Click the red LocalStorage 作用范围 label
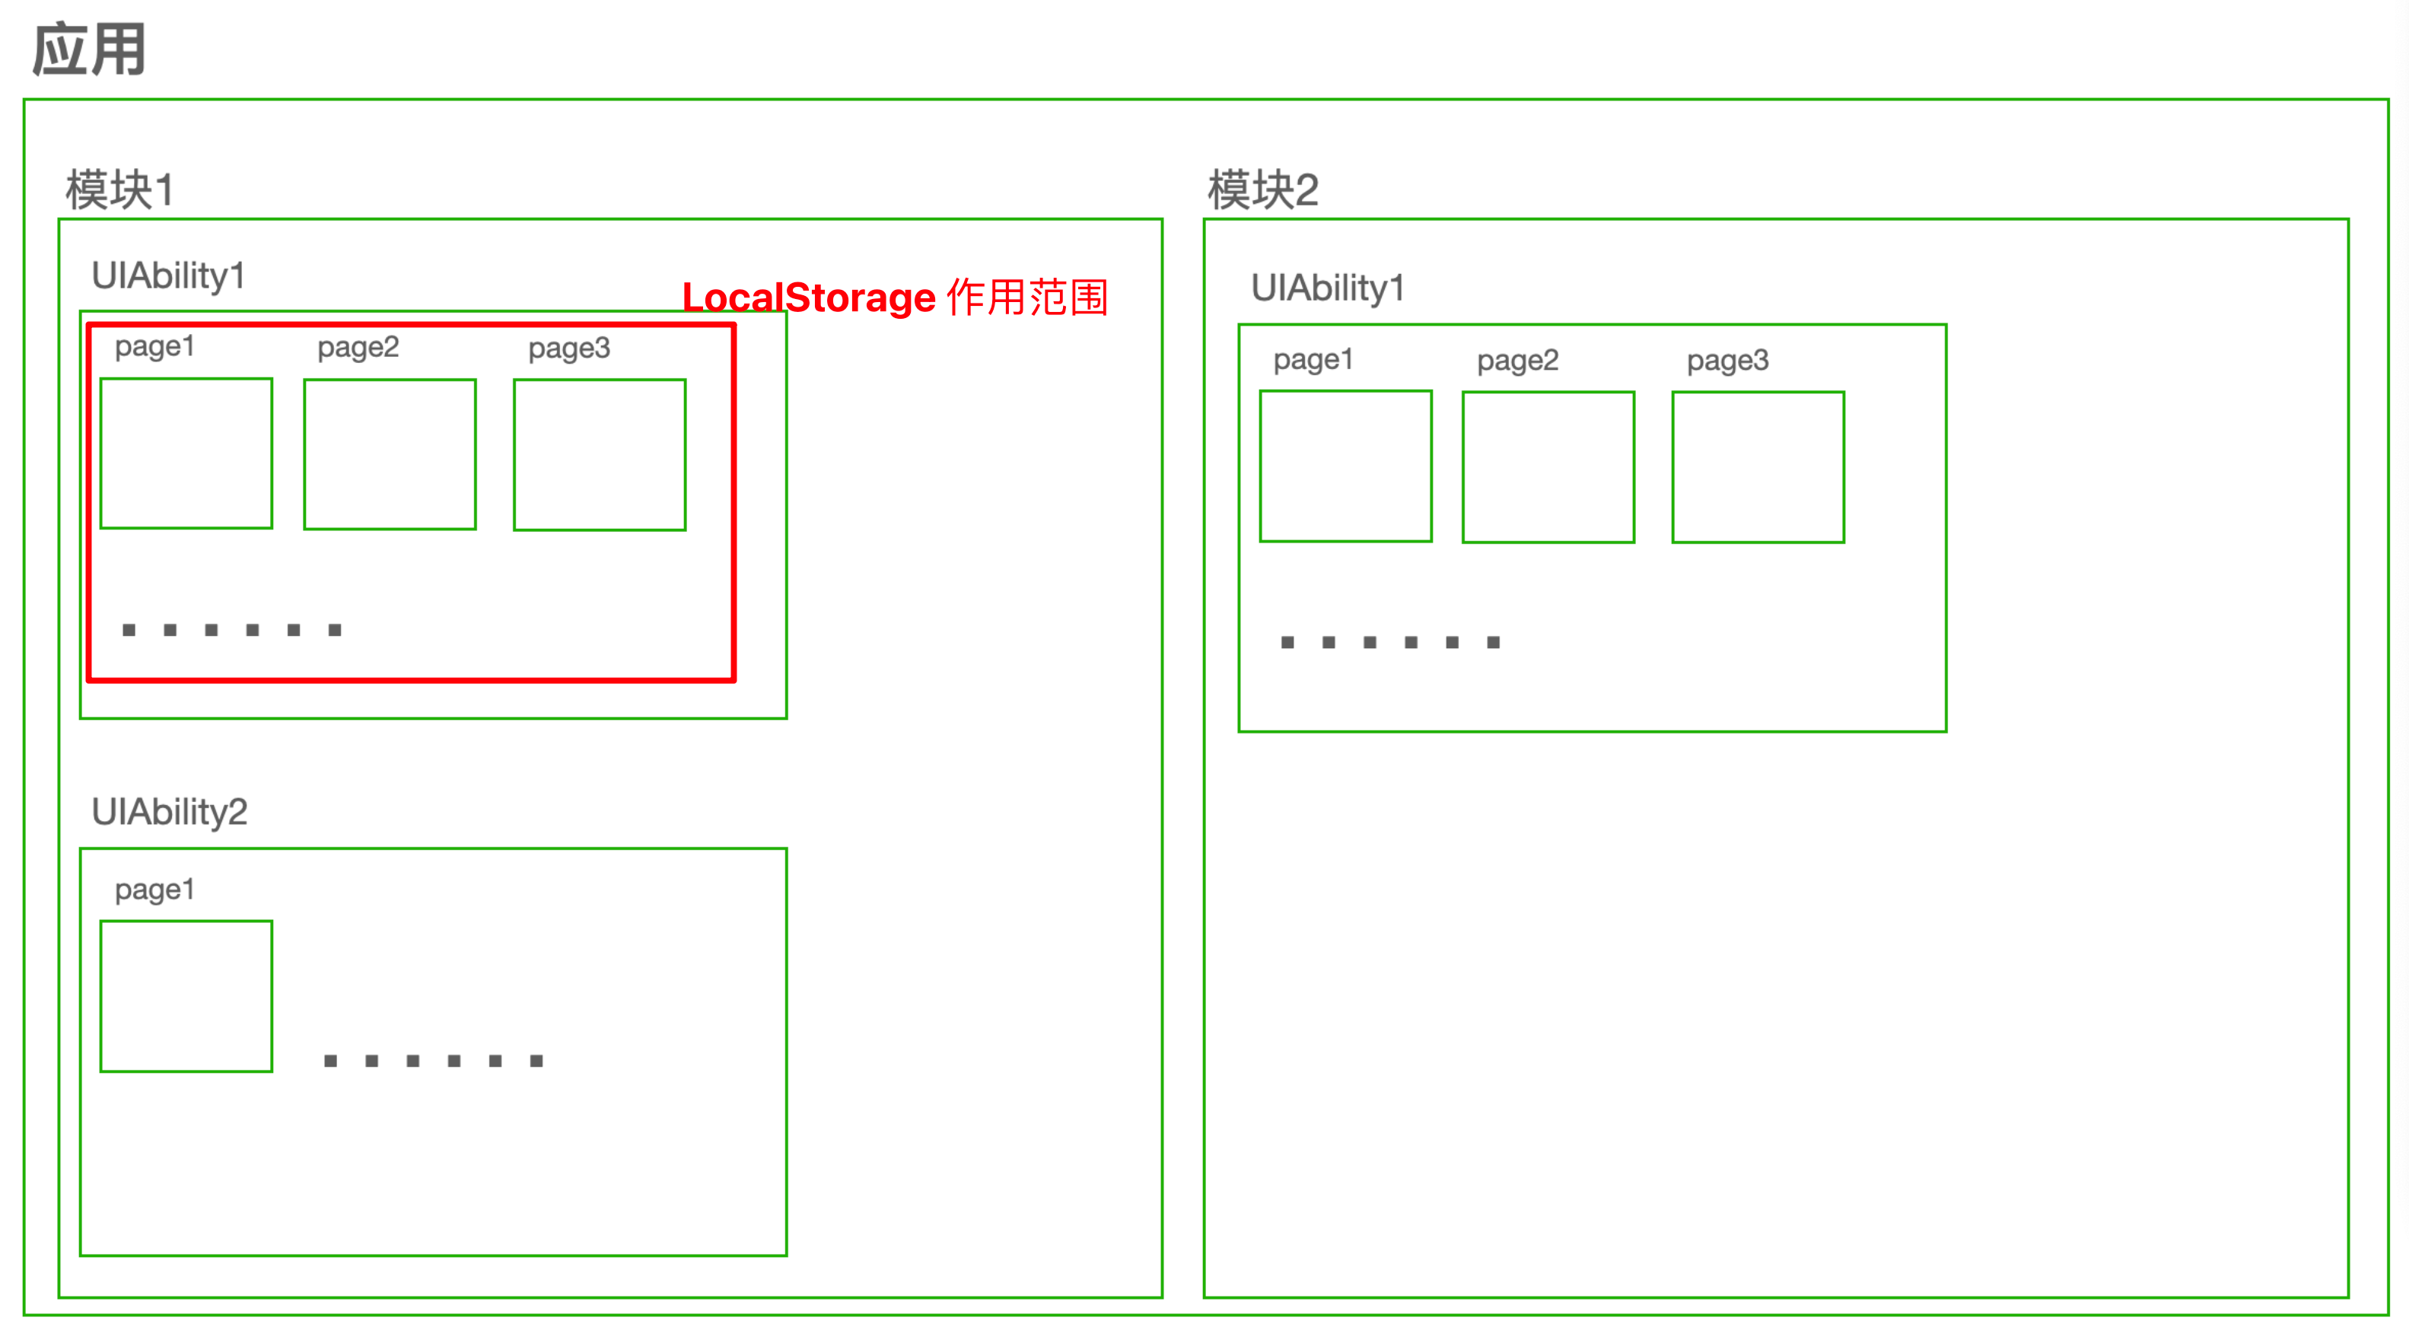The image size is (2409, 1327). pyautogui.click(x=895, y=298)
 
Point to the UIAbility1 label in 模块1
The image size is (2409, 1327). pyautogui.click(x=168, y=276)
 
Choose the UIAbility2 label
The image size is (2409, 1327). pyautogui.click(x=169, y=812)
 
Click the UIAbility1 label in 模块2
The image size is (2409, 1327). pyautogui.click(x=1328, y=288)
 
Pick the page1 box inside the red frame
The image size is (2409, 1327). pyautogui.click(x=186, y=453)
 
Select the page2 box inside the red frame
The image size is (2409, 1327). pyautogui.click(x=390, y=454)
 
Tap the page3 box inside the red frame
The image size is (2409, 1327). pyautogui.click(x=600, y=454)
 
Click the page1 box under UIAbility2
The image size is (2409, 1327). pyautogui.click(x=186, y=996)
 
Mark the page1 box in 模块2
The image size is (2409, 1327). pyautogui.click(x=1346, y=466)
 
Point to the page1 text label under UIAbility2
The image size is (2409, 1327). pyautogui.click(x=154, y=889)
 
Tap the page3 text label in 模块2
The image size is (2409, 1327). pyautogui.click(x=1727, y=361)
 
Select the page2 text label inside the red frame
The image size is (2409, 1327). pyautogui.click(x=358, y=348)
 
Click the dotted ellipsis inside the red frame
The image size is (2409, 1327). pyautogui.click(x=232, y=630)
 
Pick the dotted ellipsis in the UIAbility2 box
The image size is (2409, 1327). pyautogui.click(x=433, y=1061)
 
